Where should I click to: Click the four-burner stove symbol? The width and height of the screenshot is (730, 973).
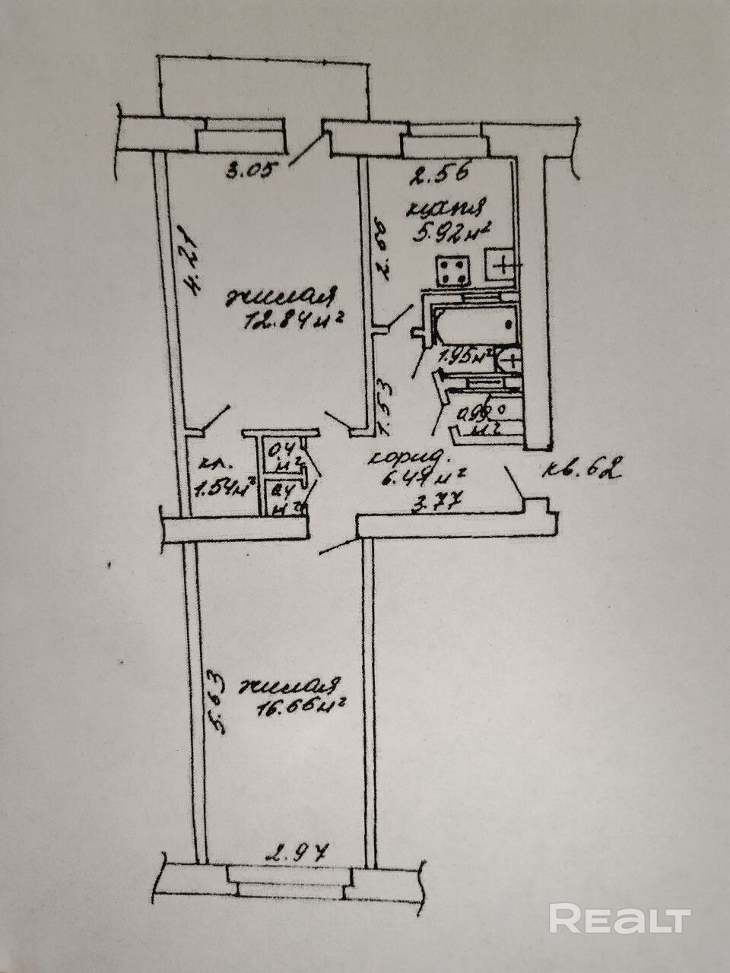pos(452,271)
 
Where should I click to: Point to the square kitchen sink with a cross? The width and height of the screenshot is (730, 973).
pos(504,266)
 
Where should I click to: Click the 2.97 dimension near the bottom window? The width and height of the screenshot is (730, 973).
pos(297,853)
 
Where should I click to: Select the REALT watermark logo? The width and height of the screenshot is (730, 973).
pos(620,919)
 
